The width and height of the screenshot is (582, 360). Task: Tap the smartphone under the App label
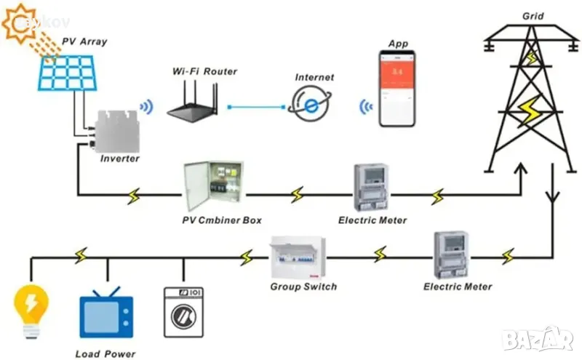coord(398,89)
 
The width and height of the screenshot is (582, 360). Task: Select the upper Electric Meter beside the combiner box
coord(372,188)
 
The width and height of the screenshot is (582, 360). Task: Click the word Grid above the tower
coord(533,16)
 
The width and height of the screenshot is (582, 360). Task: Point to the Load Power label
coord(107,354)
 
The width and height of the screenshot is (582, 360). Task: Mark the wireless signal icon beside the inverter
coord(147,108)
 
